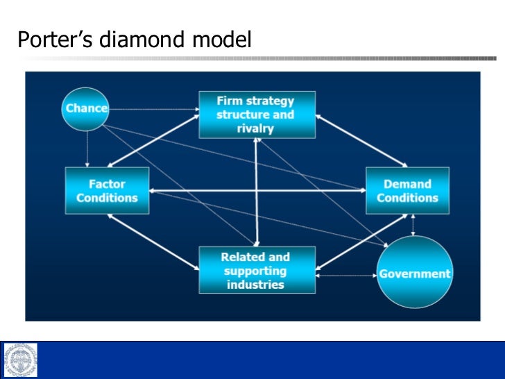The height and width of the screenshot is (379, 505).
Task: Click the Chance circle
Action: pyautogui.click(x=86, y=108)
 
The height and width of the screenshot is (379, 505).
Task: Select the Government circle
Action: pyautogui.click(x=415, y=272)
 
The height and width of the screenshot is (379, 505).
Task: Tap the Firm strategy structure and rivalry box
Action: pyautogui.click(x=255, y=114)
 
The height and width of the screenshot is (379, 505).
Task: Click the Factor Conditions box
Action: pyautogui.click(x=107, y=191)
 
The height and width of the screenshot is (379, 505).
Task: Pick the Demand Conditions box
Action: pyautogui.click(x=408, y=191)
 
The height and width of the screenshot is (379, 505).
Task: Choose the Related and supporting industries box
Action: pyautogui.click(x=255, y=270)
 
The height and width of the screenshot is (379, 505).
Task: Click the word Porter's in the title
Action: pyautogui.click(x=55, y=40)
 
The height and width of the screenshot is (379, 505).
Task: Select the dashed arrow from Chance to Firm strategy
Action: pyautogui.click(x=154, y=109)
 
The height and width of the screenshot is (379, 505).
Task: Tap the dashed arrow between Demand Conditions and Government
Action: pyautogui.click(x=413, y=224)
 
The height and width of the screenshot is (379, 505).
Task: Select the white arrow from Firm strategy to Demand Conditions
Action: pyautogui.click(x=361, y=142)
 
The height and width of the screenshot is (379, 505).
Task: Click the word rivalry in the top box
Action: pyautogui.click(x=255, y=128)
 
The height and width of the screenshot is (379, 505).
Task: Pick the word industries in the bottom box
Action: pyautogui.click(x=255, y=285)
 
